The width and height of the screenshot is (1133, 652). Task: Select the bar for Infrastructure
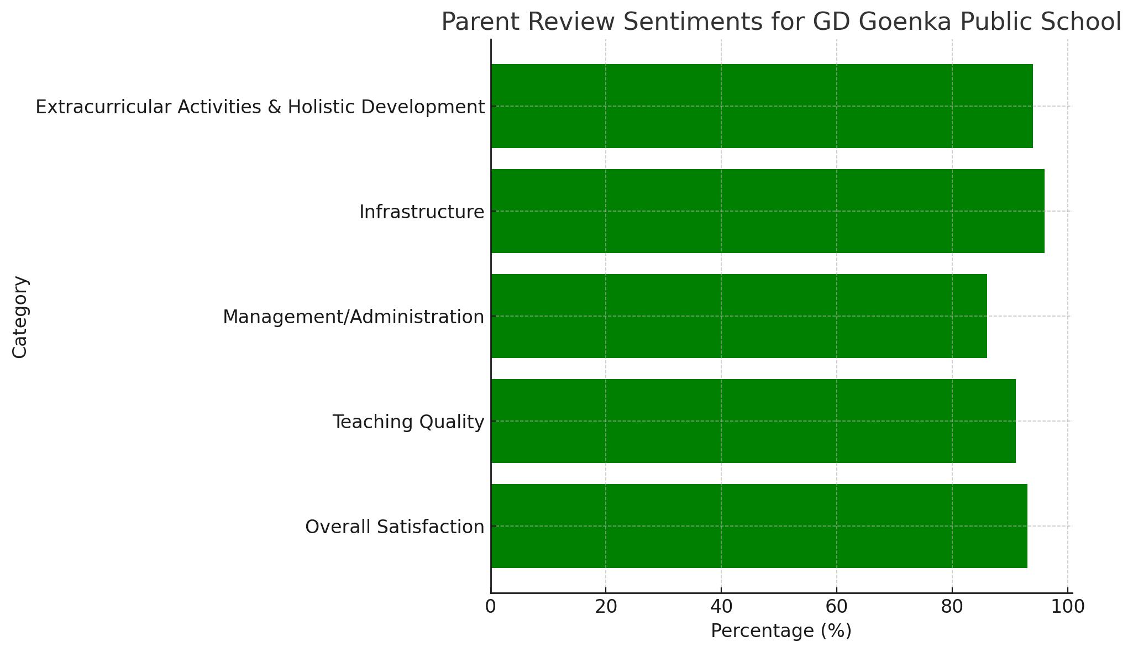tap(767, 211)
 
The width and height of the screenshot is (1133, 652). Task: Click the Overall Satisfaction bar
tap(759, 526)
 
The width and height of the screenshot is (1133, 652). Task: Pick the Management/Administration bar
tap(738, 316)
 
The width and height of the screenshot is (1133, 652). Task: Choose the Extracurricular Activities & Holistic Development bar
tap(762, 106)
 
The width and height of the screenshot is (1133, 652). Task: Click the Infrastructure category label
tap(422, 212)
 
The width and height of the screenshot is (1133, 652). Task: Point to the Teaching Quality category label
tap(408, 422)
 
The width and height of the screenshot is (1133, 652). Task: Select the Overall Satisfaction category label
tap(395, 527)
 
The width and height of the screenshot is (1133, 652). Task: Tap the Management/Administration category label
tap(353, 317)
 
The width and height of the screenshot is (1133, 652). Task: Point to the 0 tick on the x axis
tap(490, 607)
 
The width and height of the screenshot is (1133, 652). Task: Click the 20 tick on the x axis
tap(606, 607)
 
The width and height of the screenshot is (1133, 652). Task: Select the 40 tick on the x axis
tap(721, 607)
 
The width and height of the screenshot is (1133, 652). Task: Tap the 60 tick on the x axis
tap(837, 607)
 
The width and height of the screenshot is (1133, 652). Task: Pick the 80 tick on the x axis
tap(952, 607)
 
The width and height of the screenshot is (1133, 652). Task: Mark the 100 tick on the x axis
tap(1067, 607)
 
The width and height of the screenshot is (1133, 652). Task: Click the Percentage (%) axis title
tap(781, 631)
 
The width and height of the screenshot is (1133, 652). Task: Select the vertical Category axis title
tap(20, 317)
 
